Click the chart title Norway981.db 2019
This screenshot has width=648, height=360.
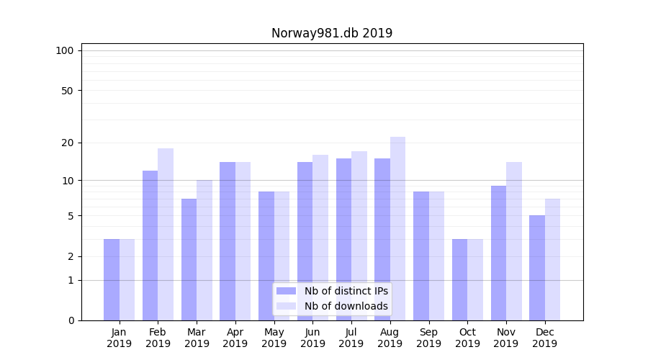click(x=332, y=33)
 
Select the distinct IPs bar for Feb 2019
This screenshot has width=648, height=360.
click(x=150, y=245)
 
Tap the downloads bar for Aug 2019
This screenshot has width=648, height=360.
click(x=397, y=228)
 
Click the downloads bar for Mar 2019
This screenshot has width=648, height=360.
click(x=204, y=250)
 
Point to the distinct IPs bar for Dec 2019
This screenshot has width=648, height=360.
click(x=537, y=268)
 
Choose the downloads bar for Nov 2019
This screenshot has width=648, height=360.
click(x=514, y=241)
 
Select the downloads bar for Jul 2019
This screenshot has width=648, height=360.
click(x=359, y=235)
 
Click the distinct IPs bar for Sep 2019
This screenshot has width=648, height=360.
click(x=421, y=256)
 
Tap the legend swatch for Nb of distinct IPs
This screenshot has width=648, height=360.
click(x=287, y=291)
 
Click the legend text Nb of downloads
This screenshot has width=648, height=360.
click(x=346, y=306)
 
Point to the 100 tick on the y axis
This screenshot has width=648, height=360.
click(x=65, y=50)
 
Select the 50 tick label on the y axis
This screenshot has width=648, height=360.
click(x=67, y=91)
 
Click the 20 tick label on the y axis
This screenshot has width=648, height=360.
click(x=67, y=143)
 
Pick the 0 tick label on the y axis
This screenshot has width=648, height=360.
click(x=71, y=320)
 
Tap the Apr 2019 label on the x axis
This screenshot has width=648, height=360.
click(x=235, y=338)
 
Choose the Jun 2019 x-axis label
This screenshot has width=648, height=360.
click(x=312, y=338)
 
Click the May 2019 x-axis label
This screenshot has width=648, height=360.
click(x=274, y=338)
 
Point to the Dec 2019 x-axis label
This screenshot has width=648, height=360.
click(x=545, y=338)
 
